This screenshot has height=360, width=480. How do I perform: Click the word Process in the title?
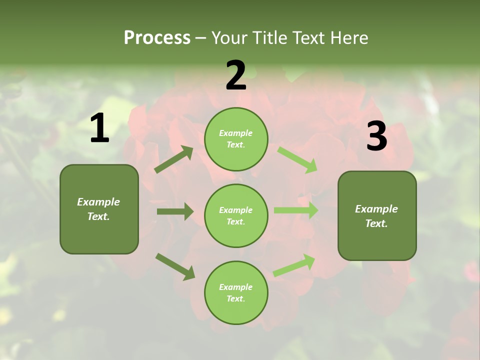(157, 37)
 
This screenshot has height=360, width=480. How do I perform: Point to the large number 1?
(99, 128)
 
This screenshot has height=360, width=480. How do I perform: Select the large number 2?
(236, 75)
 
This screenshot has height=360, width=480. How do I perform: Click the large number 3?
(376, 136)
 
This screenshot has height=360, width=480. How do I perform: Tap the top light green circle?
(236, 138)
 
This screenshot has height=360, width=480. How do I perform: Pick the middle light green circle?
(236, 215)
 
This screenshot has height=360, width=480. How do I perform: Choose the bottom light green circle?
(236, 292)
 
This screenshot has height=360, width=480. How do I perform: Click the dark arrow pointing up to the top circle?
(174, 159)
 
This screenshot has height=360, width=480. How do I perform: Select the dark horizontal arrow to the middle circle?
(175, 211)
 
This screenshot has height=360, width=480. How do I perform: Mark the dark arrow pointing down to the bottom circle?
(175, 266)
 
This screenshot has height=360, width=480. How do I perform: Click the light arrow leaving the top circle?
(297, 160)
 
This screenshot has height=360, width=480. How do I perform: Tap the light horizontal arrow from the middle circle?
(296, 210)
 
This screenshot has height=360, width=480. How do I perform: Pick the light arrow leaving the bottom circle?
(294, 265)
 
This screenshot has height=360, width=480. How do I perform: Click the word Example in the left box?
(98, 202)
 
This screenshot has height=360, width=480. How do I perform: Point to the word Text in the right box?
(375, 223)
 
